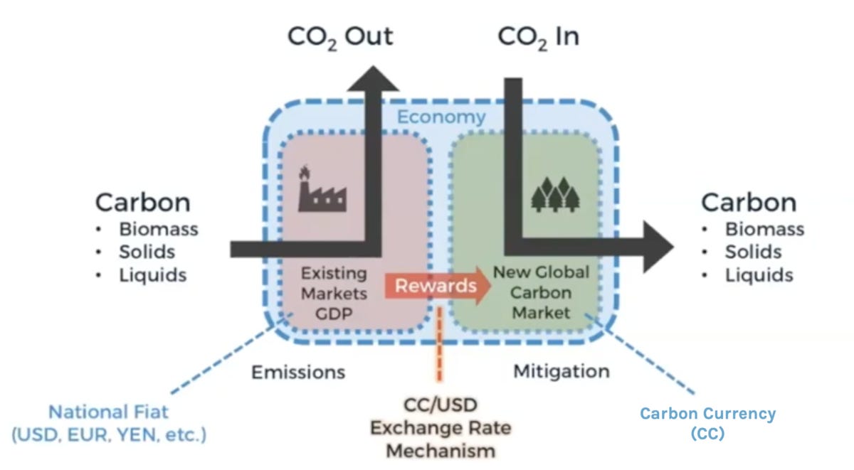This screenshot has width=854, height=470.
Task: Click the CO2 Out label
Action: click(x=339, y=36)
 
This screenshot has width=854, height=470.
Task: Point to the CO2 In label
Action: click(x=537, y=36)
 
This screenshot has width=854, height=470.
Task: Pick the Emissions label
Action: click(x=298, y=372)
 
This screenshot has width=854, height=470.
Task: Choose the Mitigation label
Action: click(x=562, y=370)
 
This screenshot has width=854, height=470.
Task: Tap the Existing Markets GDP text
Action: click(x=334, y=292)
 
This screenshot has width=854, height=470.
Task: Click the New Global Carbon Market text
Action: click(x=542, y=292)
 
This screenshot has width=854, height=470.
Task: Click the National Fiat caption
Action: click(x=109, y=422)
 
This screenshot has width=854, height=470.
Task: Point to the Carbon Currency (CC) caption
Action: click(x=707, y=423)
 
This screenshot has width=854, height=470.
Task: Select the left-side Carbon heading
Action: click(x=142, y=203)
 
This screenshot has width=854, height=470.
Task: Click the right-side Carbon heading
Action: click(x=748, y=203)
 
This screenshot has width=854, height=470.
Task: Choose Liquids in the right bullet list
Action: click(x=759, y=275)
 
